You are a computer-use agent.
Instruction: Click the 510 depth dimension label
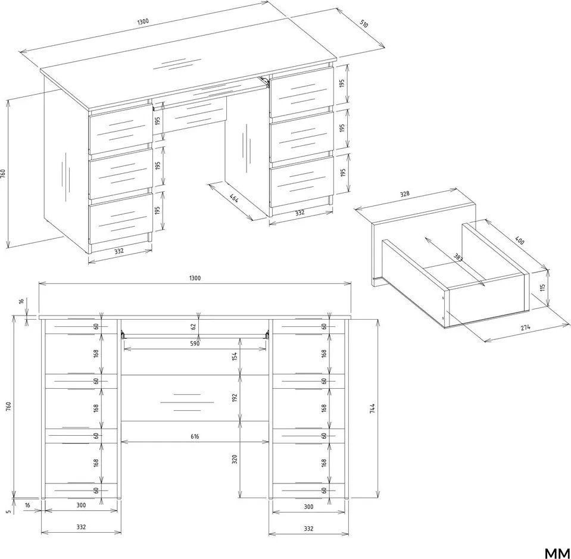[x=364, y=24]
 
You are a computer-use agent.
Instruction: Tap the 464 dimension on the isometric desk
[x=234, y=198]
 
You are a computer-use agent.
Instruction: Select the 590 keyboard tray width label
[x=195, y=343]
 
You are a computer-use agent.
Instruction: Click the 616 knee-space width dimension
[x=195, y=436]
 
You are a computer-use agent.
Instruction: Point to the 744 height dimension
[x=372, y=408]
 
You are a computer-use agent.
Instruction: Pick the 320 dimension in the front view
[x=235, y=459]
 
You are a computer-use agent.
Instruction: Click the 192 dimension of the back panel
[x=235, y=398]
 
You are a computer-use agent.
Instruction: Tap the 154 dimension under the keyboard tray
[x=235, y=356]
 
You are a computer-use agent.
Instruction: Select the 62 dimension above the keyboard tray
[x=194, y=326]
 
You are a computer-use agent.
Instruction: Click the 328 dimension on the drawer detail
[x=404, y=193]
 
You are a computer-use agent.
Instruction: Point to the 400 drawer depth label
[x=520, y=241]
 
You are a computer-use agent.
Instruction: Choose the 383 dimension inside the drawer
[x=458, y=257]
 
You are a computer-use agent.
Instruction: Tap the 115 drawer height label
[x=542, y=288]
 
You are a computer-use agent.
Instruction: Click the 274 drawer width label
[x=525, y=327]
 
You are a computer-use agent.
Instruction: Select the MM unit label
[x=557, y=553]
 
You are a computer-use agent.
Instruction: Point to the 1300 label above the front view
[x=195, y=278]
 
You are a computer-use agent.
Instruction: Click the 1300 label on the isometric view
[x=143, y=21]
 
